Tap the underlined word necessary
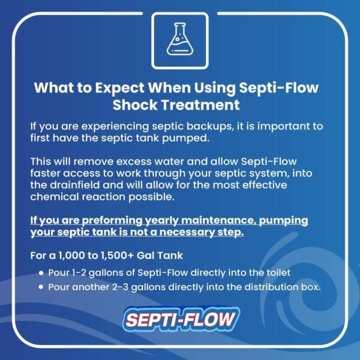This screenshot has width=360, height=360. tap(179, 232)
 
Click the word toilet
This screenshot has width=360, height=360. tap(276, 273)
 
